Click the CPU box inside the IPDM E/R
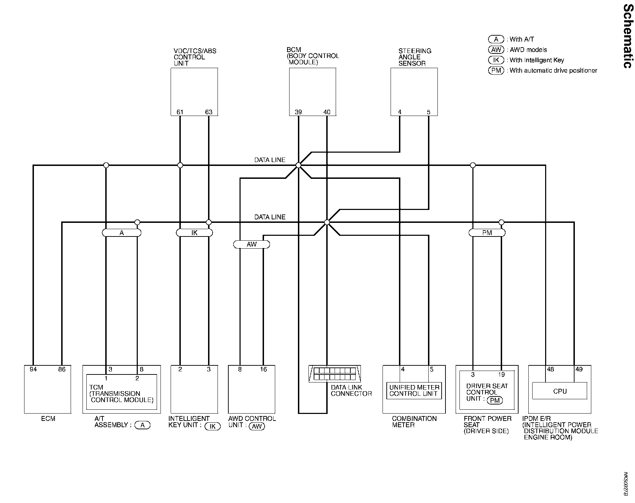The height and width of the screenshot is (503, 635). tap(559, 391)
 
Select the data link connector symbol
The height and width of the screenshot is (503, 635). tap(335, 374)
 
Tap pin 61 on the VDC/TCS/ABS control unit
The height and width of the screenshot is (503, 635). tap(180, 112)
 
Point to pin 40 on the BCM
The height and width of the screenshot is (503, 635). tap(327, 112)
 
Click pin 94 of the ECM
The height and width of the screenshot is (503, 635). tap(33, 369)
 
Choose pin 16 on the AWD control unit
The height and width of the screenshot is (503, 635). tap(264, 369)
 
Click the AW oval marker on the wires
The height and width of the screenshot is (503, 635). tap(251, 245)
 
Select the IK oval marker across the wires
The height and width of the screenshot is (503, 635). tap(194, 233)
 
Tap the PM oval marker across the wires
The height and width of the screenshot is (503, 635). tap(487, 233)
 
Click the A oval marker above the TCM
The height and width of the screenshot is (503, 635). tap(122, 233)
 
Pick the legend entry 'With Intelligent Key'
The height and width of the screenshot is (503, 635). tap(537, 60)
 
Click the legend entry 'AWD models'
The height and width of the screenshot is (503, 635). tap(528, 50)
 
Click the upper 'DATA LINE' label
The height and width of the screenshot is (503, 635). tap(270, 160)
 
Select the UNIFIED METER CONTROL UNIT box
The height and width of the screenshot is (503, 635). tap(414, 391)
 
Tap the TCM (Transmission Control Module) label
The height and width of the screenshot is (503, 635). tap(121, 394)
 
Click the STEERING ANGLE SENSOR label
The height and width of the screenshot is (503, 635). tap(414, 57)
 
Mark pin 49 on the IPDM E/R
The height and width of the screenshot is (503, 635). tap(579, 369)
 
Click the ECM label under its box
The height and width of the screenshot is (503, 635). tap(48, 418)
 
